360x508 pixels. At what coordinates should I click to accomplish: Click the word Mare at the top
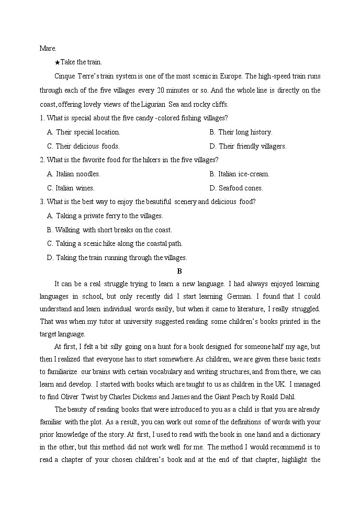pos(47,48)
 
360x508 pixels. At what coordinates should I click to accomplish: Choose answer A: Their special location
pos(83,132)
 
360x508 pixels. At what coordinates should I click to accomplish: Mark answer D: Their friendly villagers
pos(248,146)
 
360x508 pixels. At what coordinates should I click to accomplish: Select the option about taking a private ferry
pos(105,216)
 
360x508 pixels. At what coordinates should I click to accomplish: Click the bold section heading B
pos(179,271)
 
